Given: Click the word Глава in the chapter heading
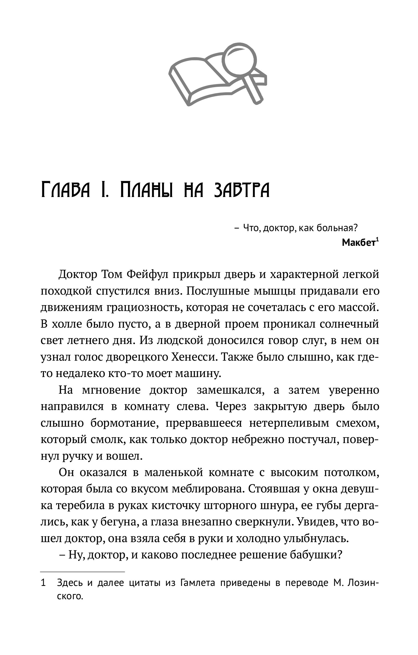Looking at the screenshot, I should [x=65, y=190].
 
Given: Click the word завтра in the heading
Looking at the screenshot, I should [x=241, y=190].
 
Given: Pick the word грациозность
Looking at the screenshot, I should [x=142, y=307].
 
